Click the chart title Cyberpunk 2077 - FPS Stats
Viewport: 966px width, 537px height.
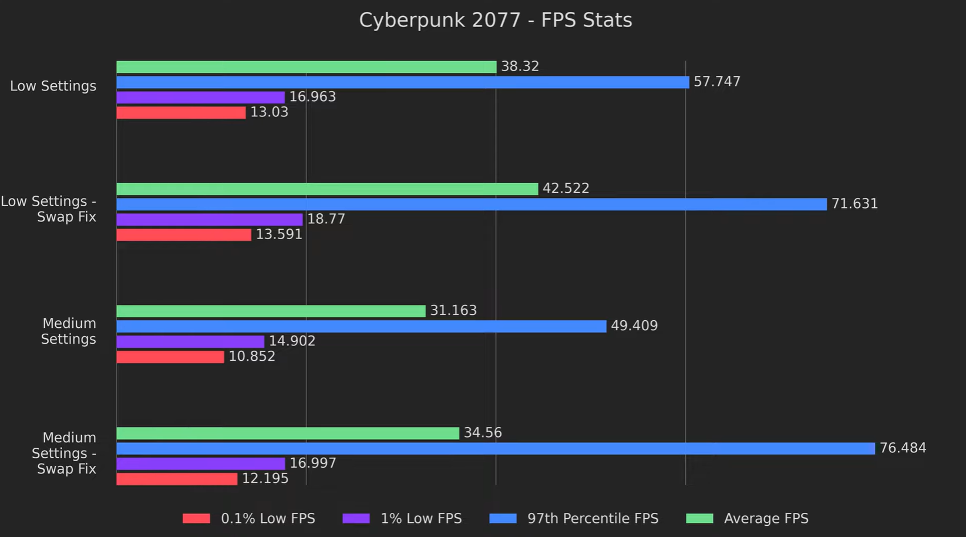click(x=495, y=20)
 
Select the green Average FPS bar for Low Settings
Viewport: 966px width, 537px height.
click(x=306, y=67)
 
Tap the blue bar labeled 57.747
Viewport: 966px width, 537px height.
click(x=402, y=82)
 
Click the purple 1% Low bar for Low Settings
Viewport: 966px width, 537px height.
click(x=200, y=98)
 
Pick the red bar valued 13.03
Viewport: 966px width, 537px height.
click(x=181, y=113)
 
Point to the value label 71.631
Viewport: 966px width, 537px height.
click(x=854, y=204)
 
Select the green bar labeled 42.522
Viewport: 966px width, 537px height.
click(x=327, y=189)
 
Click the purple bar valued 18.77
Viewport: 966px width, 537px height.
click(x=210, y=220)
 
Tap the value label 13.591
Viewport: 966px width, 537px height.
click(x=279, y=234)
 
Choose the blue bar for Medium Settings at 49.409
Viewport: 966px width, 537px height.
click(x=361, y=326)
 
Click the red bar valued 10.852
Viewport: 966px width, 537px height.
click(x=170, y=357)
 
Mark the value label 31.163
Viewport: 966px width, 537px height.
click(x=453, y=310)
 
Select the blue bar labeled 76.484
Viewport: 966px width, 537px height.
click(x=495, y=448)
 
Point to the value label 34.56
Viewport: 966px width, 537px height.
click(x=483, y=433)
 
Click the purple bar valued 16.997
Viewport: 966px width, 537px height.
click(x=200, y=464)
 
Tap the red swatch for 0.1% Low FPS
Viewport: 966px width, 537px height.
click(x=196, y=518)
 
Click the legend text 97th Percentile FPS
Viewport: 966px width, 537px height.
click(x=593, y=518)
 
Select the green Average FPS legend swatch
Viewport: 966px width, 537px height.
click(x=699, y=518)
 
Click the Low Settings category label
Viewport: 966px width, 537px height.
click(x=53, y=86)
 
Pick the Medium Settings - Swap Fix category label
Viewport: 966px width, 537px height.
click(x=65, y=453)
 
